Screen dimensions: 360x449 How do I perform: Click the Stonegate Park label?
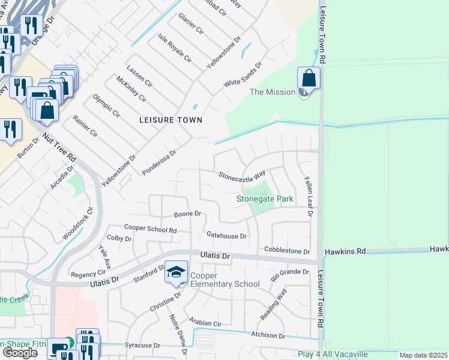pos(264,198)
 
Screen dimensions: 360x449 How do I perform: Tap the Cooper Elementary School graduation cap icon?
pos(176,273)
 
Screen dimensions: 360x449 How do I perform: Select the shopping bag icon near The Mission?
pos(309,79)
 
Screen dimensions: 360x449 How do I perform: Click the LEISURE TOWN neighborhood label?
pos(170,120)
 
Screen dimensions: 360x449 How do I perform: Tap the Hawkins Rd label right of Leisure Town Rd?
pos(345,252)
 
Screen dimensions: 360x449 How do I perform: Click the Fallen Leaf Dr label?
pos(309,197)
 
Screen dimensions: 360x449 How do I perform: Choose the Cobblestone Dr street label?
pos(287,251)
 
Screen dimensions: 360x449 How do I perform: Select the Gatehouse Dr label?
pos(226,236)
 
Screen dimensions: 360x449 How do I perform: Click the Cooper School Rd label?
pos(150,229)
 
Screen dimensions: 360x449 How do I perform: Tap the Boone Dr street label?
pos(187,214)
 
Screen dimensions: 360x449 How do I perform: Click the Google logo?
pos(20,353)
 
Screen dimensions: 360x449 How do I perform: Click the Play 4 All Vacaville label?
pos(333,354)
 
